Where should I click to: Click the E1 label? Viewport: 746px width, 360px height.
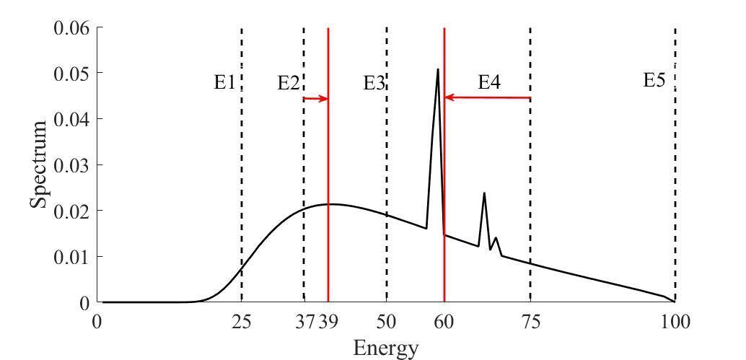click(x=224, y=82)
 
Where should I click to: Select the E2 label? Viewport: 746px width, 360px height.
click(x=289, y=83)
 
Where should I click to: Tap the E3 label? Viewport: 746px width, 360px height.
click(x=374, y=83)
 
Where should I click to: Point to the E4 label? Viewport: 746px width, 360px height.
click(x=489, y=82)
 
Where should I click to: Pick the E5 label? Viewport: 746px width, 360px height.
click(x=654, y=80)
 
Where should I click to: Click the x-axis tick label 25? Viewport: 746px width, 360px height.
click(x=242, y=321)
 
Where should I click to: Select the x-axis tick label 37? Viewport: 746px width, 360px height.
click(x=306, y=321)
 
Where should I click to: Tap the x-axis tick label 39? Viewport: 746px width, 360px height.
click(x=330, y=321)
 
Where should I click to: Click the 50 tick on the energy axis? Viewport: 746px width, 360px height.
click(x=387, y=321)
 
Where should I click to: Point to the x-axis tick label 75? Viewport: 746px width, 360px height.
click(x=530, y=321)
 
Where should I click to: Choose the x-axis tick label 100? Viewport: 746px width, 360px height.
click(x=675, y=321)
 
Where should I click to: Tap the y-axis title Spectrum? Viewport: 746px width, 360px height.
click(x=40, y=164)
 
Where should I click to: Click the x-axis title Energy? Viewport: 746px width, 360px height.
click(x=386, y=348)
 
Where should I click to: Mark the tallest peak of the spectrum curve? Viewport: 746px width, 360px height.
click(x=437, y=70)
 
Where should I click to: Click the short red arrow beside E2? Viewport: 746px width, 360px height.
click(x=316, y=98)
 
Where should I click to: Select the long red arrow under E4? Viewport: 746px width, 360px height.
click(x=487, y=97)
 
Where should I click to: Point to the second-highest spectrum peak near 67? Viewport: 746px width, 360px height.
click(x=483, y=193)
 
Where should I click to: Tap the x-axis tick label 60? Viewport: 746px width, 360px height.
click(x=444, y=321)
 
